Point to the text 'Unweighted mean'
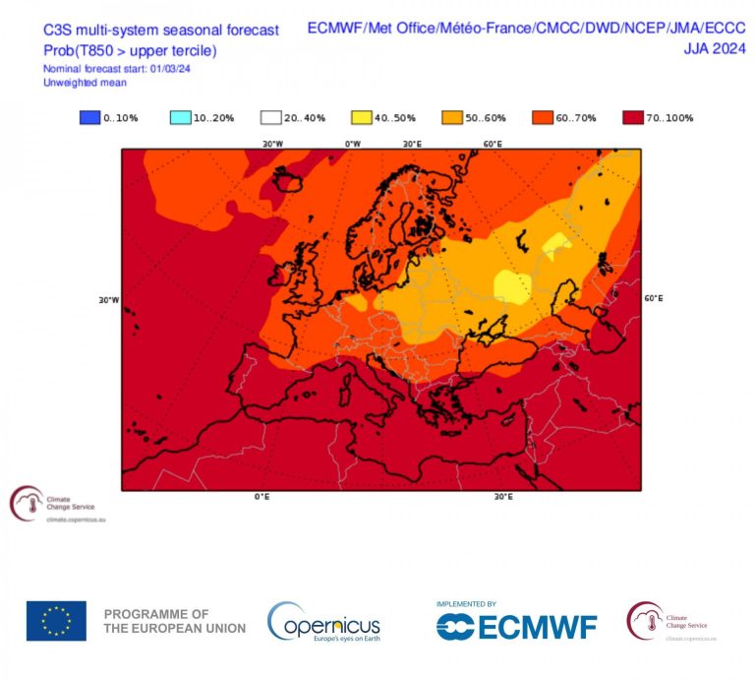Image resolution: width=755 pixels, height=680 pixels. tap(81, 83)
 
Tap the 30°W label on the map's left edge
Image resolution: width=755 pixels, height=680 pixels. tap(108, 300)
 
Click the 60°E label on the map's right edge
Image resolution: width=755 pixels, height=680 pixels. tap(654, 298)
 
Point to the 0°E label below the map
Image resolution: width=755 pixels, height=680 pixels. tap(261, 497)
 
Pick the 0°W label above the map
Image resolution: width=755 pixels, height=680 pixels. tap(352, 144)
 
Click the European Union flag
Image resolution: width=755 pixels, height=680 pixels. tap(56, 621)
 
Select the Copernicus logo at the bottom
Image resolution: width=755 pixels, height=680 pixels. tap(324, 623)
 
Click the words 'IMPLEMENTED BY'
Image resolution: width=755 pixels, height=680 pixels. tap(466, 603)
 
